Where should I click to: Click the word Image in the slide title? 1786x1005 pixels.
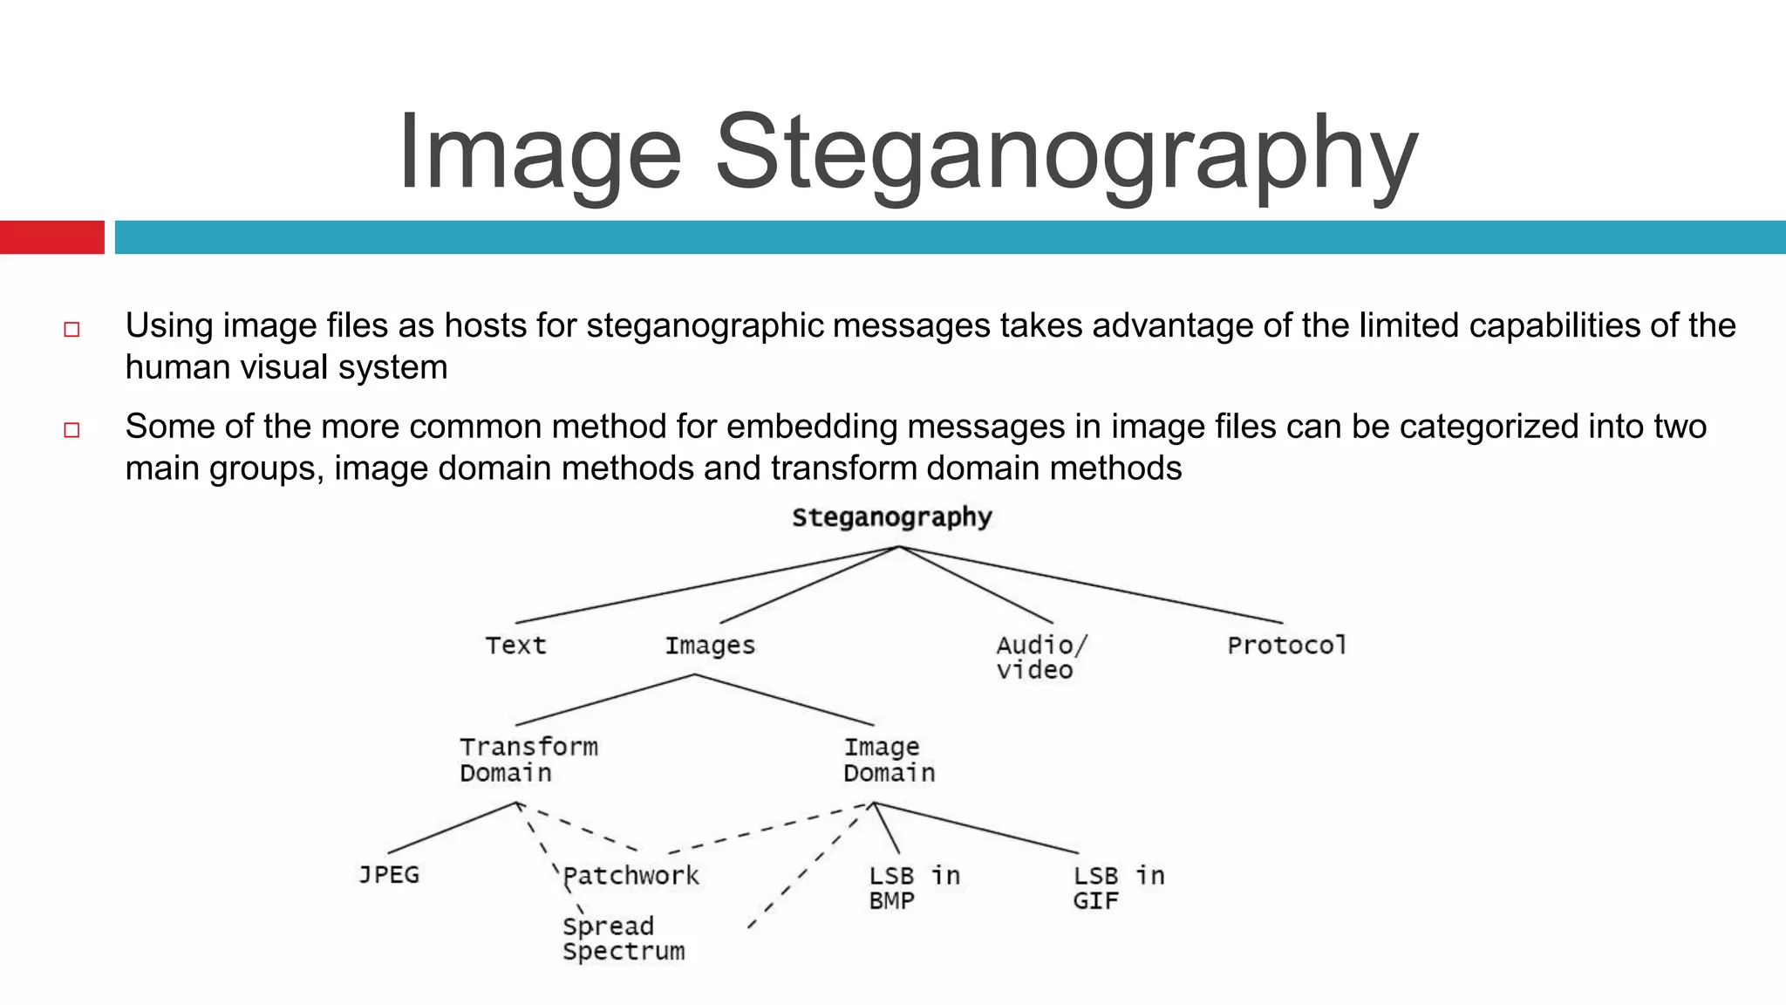tap(539, 153)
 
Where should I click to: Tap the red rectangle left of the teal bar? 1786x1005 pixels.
tap(51, 237)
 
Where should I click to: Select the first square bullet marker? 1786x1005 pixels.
tap(72, 329)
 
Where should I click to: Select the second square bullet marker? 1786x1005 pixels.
tap(72, 430)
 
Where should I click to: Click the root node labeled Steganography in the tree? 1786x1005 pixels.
tap(891, 517)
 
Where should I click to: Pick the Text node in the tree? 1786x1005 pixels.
tap(515, 646)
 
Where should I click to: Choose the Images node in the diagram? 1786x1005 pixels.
tap(710, 646)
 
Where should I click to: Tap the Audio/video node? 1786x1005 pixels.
tap(1040, 657)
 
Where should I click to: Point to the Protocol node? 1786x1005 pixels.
tap(1286, 646)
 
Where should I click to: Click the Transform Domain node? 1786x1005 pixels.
tap(528, 759)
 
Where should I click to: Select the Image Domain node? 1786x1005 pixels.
tap(888, 759)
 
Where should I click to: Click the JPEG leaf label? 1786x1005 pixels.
tap(389, 874)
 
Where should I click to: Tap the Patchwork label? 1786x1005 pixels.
tap(631, 875)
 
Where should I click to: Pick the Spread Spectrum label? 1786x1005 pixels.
tap(623, 938)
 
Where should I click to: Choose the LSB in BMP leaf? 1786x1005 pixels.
tap(913, 887)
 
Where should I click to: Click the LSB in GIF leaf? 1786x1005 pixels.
tap(1118, 887)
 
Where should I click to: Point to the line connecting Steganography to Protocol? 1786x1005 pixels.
tap(1090, 585)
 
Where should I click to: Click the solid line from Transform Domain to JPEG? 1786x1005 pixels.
tap(452, 828)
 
